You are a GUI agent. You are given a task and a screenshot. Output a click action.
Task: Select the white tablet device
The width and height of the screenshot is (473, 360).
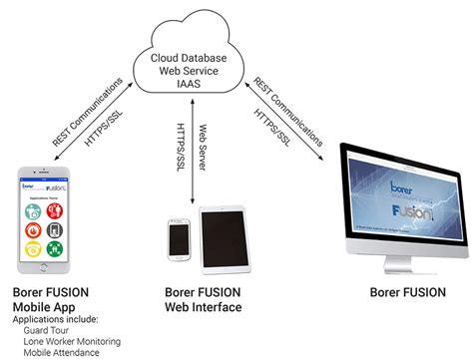[219, 238]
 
